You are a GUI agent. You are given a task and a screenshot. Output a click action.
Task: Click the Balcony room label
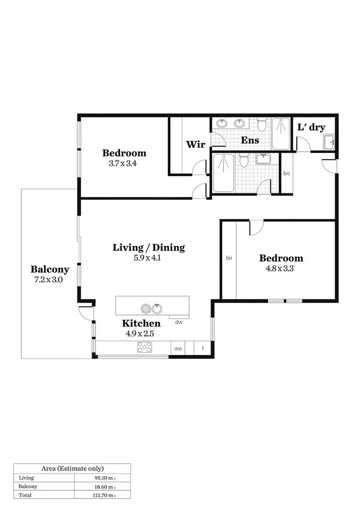[x=50, y=270]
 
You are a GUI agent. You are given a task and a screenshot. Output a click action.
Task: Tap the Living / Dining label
[x=149, y=248]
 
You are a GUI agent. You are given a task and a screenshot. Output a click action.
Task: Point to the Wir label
[x=196, y=144]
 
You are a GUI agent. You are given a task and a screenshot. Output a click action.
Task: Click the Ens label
[x=250, y=140]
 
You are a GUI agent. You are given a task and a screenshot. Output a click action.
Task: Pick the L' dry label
[x=312, y=127]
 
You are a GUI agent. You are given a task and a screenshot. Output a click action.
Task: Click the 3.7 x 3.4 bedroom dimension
[x=124, y=163]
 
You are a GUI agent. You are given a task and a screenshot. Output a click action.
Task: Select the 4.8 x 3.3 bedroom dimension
[x=279, y=269]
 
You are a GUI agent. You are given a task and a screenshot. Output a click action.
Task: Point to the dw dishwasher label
[x=179, y=322]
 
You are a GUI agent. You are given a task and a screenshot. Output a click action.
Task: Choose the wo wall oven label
[x=178, y=348]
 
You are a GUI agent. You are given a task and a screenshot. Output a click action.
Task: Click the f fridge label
[x=203, y=348]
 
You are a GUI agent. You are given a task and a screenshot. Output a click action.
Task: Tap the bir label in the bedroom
[x=229, y=258]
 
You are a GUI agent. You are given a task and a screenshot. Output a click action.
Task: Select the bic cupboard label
[x=287, y=173]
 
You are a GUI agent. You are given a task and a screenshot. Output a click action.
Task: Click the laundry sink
[x=329, y=142]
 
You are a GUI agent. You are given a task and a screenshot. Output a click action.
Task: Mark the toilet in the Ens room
[x=262, y=126]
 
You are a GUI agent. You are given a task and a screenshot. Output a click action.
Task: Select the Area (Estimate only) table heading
[x=72, y=468]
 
